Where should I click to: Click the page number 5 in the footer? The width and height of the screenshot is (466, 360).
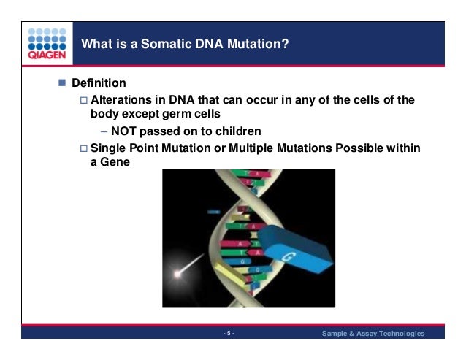229,334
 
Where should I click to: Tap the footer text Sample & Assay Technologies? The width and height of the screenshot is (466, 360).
373,334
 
